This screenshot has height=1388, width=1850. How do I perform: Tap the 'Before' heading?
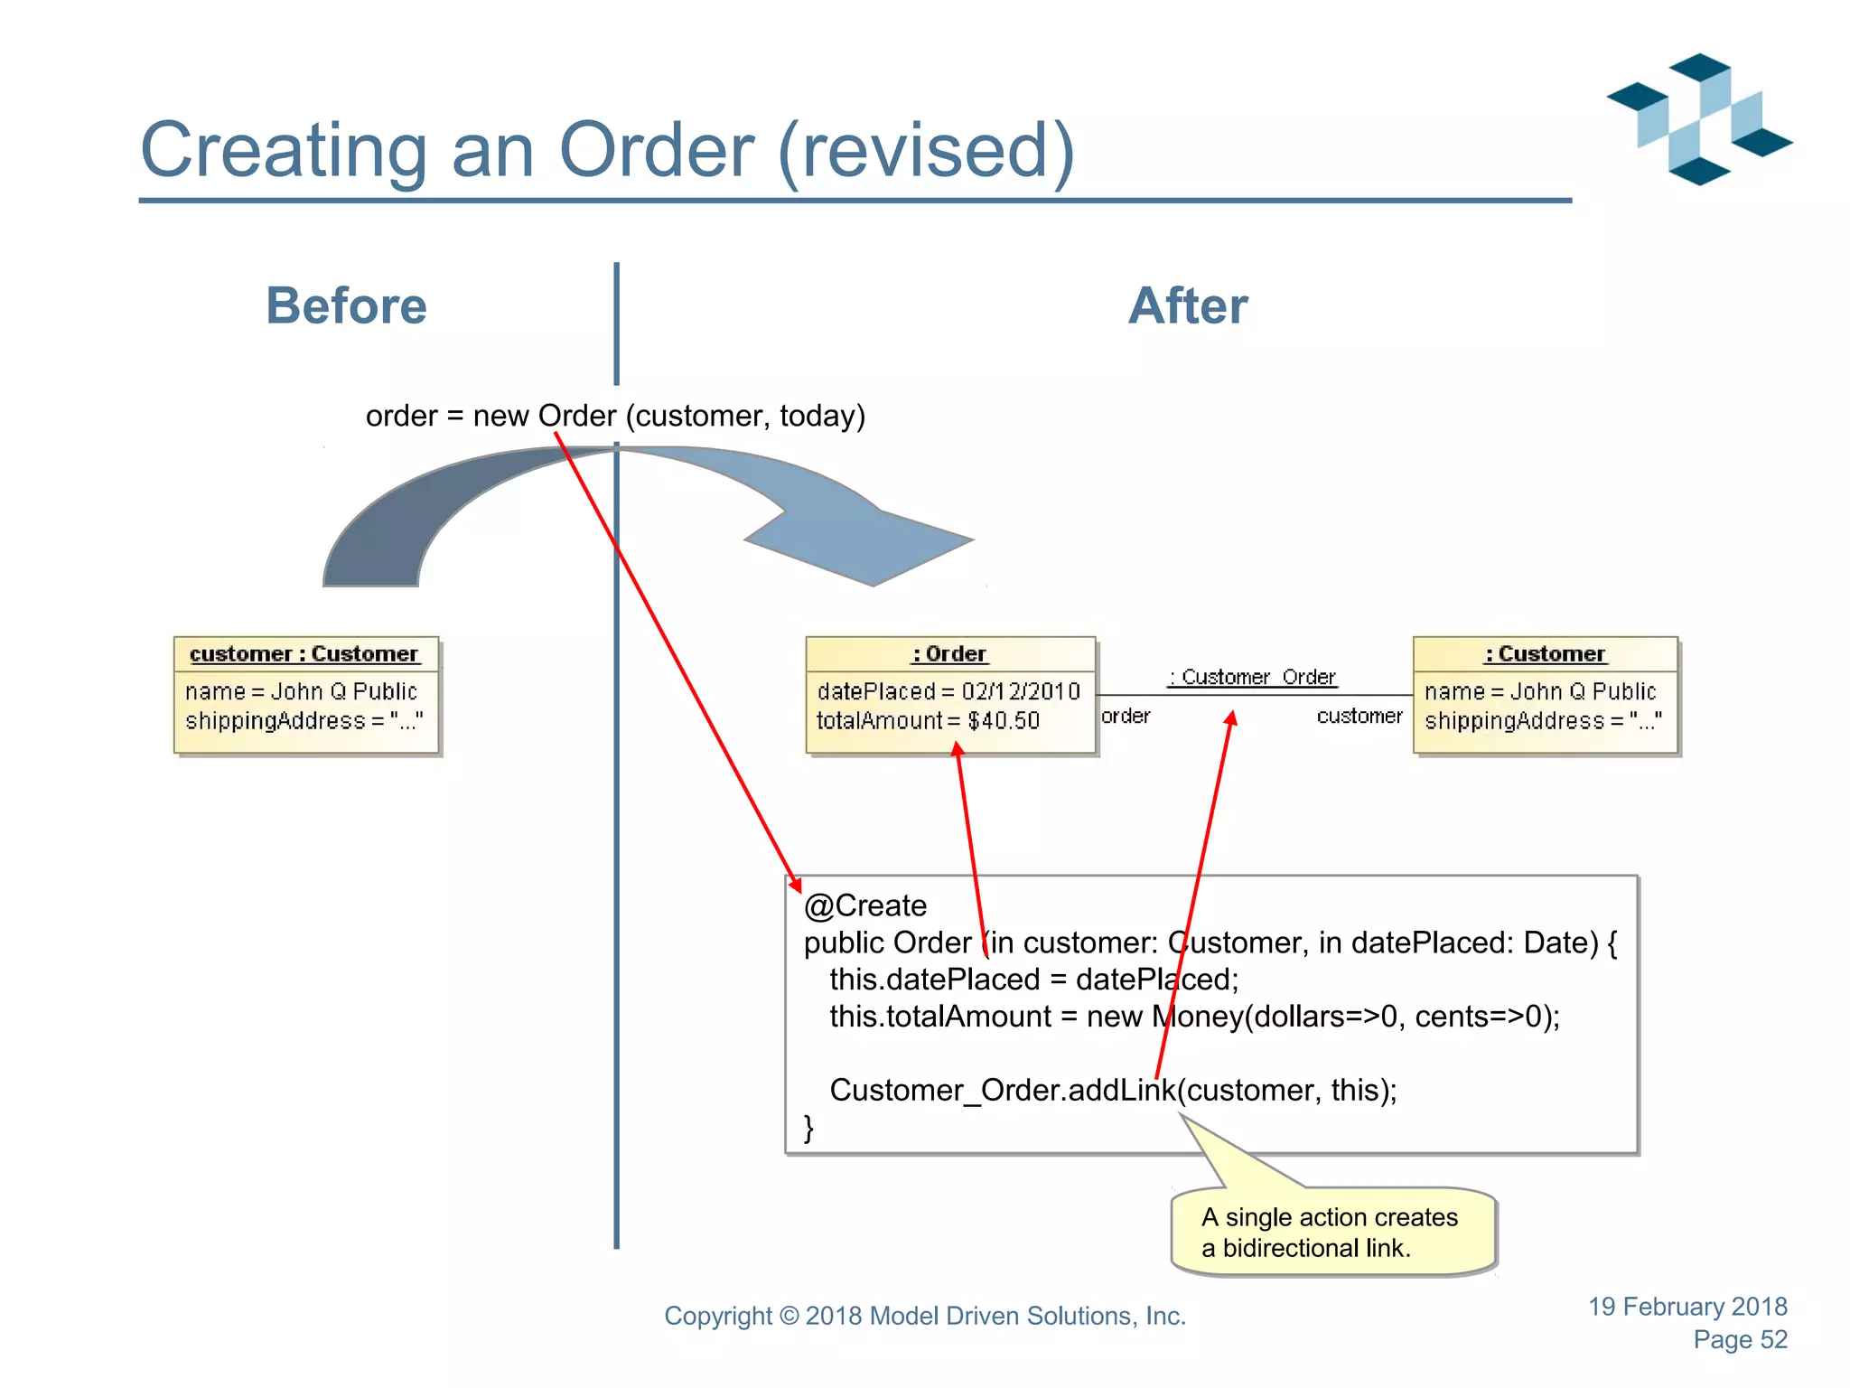coord(346,305)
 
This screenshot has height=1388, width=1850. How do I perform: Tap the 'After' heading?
coord(1188,305)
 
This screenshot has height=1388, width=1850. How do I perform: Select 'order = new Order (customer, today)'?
coord(615,416)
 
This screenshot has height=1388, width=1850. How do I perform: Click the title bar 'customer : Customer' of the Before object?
coord(304,653)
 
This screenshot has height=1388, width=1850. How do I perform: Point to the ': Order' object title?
coord(949,653)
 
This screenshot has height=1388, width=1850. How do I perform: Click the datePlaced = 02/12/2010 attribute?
coord(948,691)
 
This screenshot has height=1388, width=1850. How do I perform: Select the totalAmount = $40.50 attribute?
coord(928,720)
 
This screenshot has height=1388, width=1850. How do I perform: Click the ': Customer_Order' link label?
coord(1252,677)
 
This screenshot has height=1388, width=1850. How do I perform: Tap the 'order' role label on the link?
coord(1126,716)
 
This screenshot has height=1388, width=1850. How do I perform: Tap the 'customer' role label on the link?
coord(1359,716)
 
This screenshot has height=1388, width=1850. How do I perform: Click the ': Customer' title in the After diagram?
coord(1545,653)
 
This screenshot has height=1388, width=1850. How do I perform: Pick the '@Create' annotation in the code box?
coord(865,905)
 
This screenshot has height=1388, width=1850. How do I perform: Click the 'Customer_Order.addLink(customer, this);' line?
coord(1113,1090)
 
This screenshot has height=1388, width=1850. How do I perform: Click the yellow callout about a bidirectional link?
coord(1332,1233)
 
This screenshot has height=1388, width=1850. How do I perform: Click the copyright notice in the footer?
coord(925,1316)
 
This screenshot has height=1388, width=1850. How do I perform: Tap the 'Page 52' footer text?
coord(1740,1339)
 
